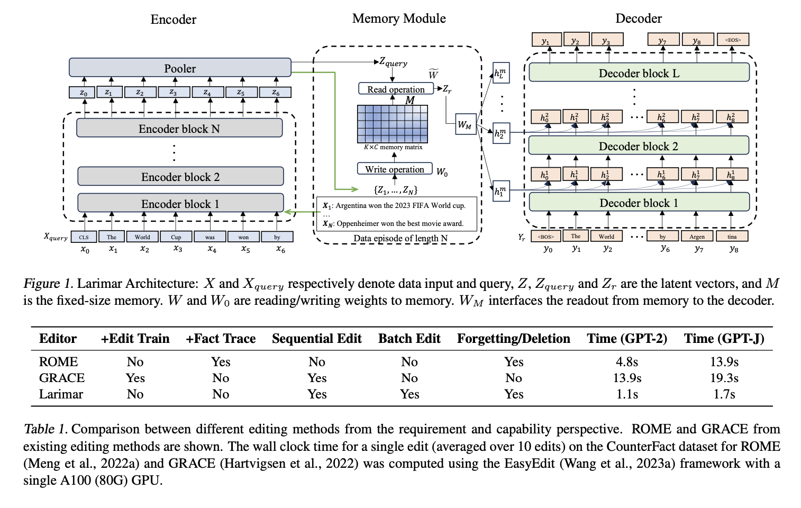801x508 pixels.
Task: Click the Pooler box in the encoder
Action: point(180,68)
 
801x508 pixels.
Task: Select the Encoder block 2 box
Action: point(180,177)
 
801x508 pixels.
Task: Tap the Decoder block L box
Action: point(639,73)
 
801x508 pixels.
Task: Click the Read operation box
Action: point(396,89)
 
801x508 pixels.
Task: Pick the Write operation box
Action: point(395,169)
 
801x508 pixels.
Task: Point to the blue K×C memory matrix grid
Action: point(392,124)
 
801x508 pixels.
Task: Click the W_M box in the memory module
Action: point(465,125)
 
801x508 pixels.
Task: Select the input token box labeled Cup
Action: point(176,237)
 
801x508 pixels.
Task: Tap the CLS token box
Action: point(84,237)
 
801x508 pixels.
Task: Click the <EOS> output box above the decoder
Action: point(733,40)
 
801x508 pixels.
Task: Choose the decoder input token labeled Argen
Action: point(697,237)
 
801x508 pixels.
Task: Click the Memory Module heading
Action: point(399,19)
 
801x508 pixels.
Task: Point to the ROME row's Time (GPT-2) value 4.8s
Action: point(627,362)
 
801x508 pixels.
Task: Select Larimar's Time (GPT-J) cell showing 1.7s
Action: point(724,394)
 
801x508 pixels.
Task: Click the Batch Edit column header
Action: point(409,339)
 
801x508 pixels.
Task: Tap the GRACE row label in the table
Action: point(62,378)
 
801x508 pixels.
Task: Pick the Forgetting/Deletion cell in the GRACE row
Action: point(513,378)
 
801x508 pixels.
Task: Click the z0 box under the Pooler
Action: point(84,93)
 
